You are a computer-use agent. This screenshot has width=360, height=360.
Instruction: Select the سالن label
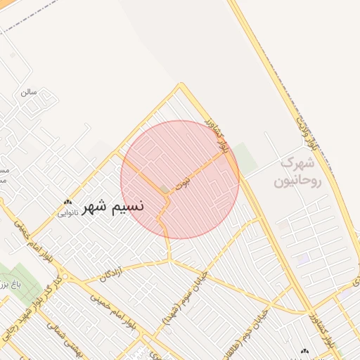click(28, 92)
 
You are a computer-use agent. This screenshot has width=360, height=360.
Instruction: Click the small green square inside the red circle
click(165, 190)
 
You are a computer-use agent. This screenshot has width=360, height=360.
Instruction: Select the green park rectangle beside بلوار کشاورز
click(244, 155)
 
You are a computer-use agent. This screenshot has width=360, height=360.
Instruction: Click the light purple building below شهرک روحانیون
click(303, 259)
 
